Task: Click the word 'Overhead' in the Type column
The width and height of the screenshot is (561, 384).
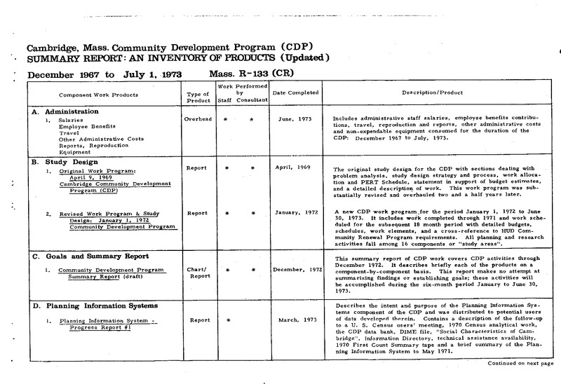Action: tap(198, 120)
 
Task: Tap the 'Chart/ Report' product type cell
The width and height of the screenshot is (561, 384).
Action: tap(196, 272)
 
